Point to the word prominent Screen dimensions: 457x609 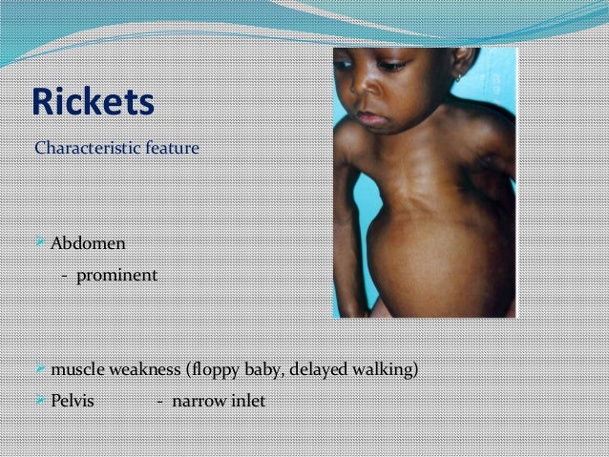pos(117,276)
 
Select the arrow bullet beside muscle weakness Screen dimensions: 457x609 pos(40,368)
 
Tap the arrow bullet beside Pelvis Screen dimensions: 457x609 pos(40,401)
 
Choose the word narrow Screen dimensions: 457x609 pos(198,401)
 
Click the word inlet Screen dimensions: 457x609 pos(247,401)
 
